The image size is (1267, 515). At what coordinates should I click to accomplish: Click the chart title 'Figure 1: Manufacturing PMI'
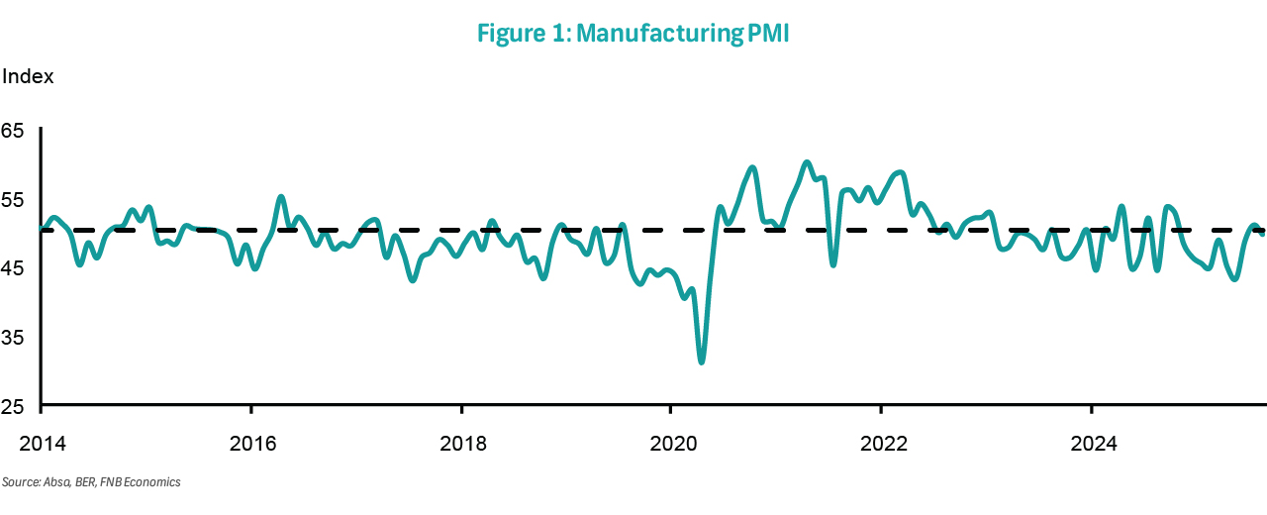tap(633, 34)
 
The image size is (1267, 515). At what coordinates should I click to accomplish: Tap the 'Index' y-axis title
tap(28, 76)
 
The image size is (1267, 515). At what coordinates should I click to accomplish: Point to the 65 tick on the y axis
tap(14, 130)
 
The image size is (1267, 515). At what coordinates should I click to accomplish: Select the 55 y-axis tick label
tap(14, 199)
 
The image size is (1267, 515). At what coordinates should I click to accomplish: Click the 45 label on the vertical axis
tap(14, 268)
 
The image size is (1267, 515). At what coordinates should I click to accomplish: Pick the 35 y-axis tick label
tap(14, 338)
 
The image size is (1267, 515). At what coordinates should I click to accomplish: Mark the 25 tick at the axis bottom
tap(14, 407)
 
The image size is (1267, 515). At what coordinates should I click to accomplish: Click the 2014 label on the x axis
tap(42, 444)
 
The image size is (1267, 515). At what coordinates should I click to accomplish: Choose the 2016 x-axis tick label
tap(251, 444)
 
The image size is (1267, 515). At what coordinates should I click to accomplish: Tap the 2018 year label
tap(461, 444)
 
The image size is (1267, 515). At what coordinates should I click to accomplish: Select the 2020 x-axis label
tap(670, 444)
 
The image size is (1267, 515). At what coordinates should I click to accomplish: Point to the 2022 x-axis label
tap(880, 444)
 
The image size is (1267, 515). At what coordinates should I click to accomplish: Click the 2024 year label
tap(1090, 444)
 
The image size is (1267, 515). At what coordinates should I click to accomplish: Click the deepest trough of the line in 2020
tap(702, 361)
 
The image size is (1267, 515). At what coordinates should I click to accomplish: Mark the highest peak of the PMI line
tap(807, 162)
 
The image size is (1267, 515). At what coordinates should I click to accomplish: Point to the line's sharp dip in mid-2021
tap(833, 264)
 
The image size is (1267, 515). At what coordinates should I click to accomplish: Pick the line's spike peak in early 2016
tap(281, 197)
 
